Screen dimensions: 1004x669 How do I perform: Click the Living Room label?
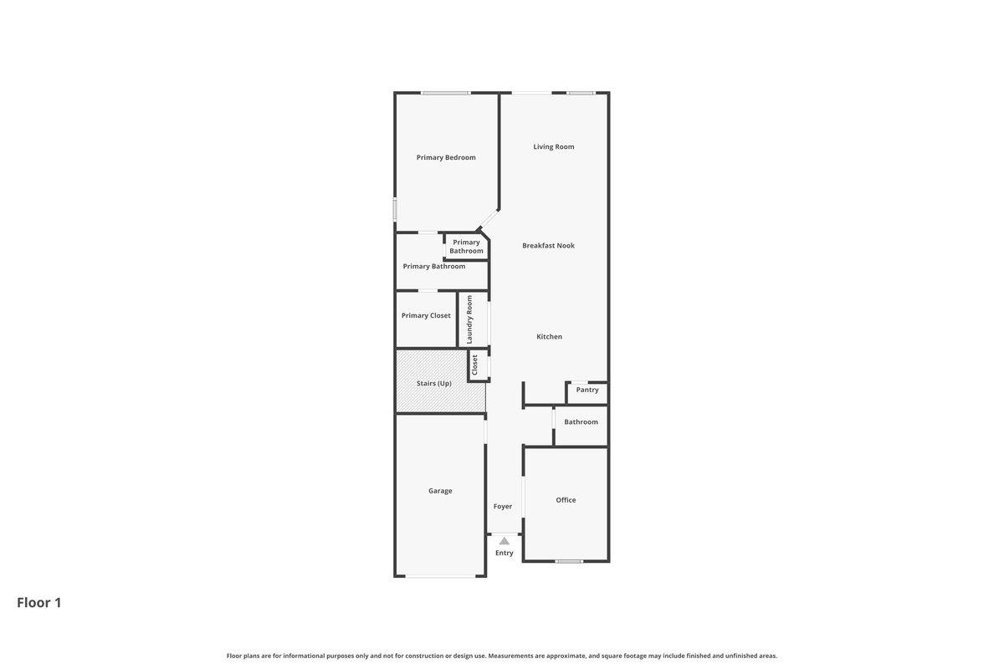[x=554, y=146]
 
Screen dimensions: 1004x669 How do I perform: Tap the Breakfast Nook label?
[x=548, y=246]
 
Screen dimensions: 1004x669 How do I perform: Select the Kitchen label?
[x=549, y=336]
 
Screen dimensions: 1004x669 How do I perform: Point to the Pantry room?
[x=587, y=393]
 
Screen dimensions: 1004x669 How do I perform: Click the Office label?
[x=566, y=499]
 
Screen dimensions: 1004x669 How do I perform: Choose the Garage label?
[x=440, y=491]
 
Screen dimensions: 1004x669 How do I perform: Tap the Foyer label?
[x=503, y=506]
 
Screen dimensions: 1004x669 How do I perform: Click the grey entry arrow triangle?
[x=505, y=541]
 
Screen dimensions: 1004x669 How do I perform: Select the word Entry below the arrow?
[x=505, y=553]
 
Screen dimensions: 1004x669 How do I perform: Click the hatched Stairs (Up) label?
[x=434, y=383]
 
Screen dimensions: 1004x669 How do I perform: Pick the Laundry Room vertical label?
[x=469, y=319]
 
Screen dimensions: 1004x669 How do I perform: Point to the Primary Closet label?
[x=426, y=315]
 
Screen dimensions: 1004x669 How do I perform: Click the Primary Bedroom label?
[x=446, y=157]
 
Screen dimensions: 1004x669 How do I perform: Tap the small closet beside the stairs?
[x=478, y=365]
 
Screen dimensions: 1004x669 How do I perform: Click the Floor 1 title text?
[x=39, y=603]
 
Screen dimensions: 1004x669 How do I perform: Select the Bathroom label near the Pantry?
[x=581, y=421]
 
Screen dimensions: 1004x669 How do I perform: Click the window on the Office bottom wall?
[x=569, y=561]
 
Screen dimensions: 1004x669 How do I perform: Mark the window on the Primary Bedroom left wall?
[x=81, y=210]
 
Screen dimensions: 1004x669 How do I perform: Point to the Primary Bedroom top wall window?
[x=445, y=93]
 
